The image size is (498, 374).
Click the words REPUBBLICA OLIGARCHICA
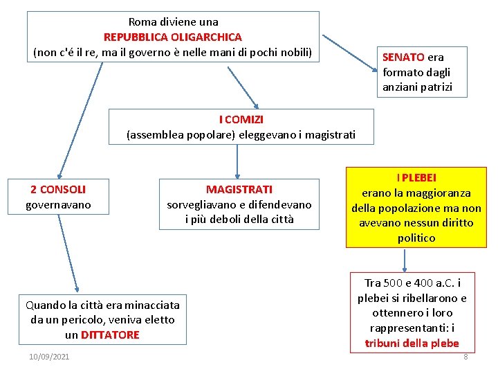173,37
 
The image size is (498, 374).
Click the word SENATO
403,57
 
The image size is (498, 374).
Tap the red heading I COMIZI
241,120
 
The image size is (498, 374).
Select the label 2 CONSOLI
58,189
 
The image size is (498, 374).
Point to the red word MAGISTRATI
239,189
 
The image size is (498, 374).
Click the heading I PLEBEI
416,178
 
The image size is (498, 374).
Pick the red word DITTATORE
111,335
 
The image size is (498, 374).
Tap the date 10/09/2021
49,357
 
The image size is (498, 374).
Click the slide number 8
465,357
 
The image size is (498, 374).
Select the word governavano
58,204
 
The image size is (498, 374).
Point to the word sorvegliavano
202,204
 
